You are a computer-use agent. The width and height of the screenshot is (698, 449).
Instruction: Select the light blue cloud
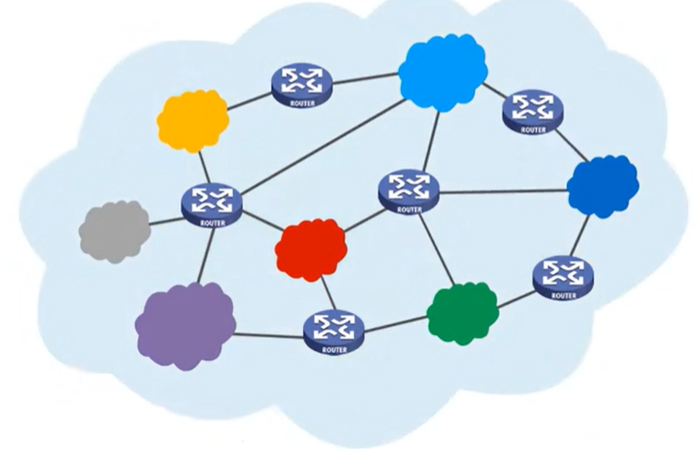(441, 71)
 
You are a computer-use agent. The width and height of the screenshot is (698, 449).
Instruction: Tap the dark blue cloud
(602, 185)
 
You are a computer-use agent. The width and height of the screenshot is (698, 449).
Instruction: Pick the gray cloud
(115, 230)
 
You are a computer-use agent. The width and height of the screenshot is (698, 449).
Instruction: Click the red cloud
(311, 248)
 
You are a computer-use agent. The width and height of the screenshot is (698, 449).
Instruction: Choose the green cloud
(463, 312)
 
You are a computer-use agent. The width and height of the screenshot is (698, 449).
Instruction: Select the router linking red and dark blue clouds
(409, 189)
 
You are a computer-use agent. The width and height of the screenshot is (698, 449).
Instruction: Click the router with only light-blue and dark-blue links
(533, 109)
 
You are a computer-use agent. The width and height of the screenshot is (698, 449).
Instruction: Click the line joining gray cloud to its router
(165, 219)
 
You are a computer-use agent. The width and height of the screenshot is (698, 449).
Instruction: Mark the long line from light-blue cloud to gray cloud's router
(319, 146)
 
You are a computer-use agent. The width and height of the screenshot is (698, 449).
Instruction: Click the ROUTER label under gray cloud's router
(212, 221)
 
